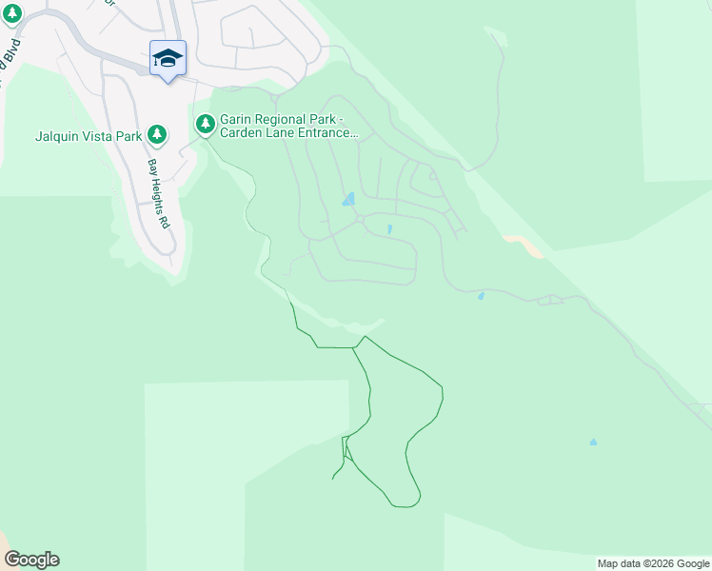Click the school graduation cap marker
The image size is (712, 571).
click(x=168, y=59)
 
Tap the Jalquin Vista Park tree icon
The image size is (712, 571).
click(x=158, y=135)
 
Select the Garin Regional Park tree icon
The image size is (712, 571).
click(x=206, y=123)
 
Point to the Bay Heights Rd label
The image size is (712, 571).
click(x=157, y=193)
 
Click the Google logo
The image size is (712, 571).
click(x=31, y=560)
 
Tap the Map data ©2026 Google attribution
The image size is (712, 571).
click(x=653, y=563)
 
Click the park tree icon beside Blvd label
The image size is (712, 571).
click(x=12, y=14)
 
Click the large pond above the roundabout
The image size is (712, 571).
click(x=349, y=199)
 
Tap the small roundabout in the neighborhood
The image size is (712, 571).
click(x=361, y=219)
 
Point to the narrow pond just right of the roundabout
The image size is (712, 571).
click(x=389, y=228)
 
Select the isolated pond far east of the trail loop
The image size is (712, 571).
click(x=593, y=442)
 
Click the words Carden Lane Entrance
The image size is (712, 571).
click(x=288, y=133)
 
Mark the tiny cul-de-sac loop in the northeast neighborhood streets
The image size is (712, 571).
click(x=432, y=176)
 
